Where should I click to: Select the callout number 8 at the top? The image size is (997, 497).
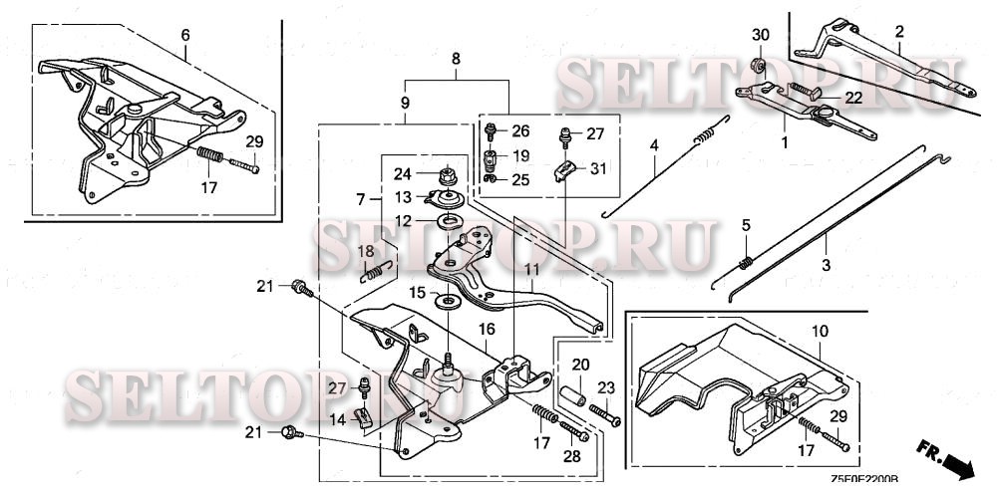tap(456, 60)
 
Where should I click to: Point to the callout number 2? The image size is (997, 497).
tap(898, 33)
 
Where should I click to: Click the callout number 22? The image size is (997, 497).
tap(853, 98)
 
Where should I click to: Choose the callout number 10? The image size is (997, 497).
tap(819, 330)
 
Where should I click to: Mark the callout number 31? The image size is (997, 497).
tap(597, 168)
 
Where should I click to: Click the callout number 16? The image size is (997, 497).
tap(488, 328)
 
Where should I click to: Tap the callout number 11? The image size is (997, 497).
tap(530, 270)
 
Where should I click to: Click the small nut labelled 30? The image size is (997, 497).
tap(759, 67)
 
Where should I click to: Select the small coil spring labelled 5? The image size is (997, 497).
tap(745, 262)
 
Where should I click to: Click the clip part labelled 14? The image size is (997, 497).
tap(363, 416)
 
